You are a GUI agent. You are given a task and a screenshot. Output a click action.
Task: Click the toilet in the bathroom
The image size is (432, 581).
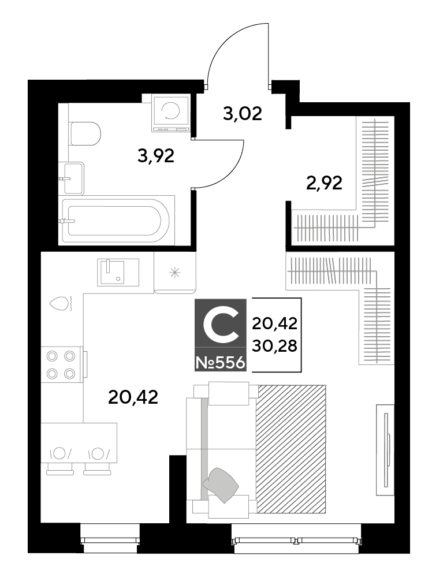pyautogui.click(x=85, y=133)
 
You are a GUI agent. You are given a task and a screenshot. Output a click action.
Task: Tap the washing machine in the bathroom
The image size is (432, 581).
pyautogui.click(x=171, y=113)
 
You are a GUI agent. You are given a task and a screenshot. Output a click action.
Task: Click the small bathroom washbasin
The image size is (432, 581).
pyautogui.click(x=74, y=178)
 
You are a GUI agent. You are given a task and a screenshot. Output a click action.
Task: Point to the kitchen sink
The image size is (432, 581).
pyautogui.click(x=118, y=273)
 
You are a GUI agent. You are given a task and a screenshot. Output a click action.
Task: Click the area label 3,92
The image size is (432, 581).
pyautogui.click(x=155, y=156)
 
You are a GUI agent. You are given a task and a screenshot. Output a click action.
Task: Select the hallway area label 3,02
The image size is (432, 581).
pyautogui.click(x=243, y=113)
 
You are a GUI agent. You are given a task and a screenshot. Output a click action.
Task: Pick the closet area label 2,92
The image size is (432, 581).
pyautogui.click(x=324, y=183)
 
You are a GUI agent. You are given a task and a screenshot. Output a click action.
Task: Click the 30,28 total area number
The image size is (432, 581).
pyautogui.click(x=274, y=346)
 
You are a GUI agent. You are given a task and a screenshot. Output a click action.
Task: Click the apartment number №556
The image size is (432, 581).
pyautogui.click(x=221, y=363)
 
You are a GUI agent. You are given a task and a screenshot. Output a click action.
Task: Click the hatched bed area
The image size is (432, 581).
pyautogui.click(x=291, y=449)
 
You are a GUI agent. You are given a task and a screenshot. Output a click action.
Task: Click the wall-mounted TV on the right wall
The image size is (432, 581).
pyautogui.click(x=385, y=449)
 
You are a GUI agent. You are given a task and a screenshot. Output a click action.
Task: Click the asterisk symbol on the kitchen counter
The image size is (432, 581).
pyautogui.click(x=174, y=273)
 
